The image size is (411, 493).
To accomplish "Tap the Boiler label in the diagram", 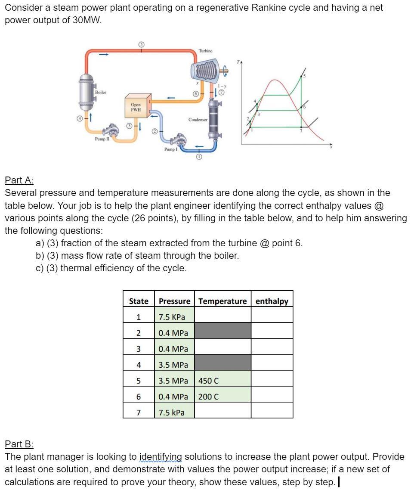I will click(100, 92).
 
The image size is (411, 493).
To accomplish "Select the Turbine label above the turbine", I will click(205, 51).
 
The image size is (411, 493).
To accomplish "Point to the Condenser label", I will click(198, 120).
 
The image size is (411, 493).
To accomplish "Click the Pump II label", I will click(101, 139).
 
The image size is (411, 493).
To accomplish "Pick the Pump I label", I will click(170, 149).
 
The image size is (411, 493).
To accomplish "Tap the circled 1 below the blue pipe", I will click(199, 158).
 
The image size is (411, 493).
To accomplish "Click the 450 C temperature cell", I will click(222, 381).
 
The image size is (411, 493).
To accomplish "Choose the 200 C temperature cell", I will click(222, 397).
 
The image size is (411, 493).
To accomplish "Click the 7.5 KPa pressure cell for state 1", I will click(174, 317).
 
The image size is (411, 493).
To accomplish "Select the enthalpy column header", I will click(272, 301).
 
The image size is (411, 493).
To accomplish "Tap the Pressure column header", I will click(174, 301).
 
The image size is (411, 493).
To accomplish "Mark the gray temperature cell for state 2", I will click(222, 333).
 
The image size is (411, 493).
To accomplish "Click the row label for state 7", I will click(138, 412).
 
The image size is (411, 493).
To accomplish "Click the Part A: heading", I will click(19, 180).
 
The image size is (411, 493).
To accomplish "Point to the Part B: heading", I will click(19, 444).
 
